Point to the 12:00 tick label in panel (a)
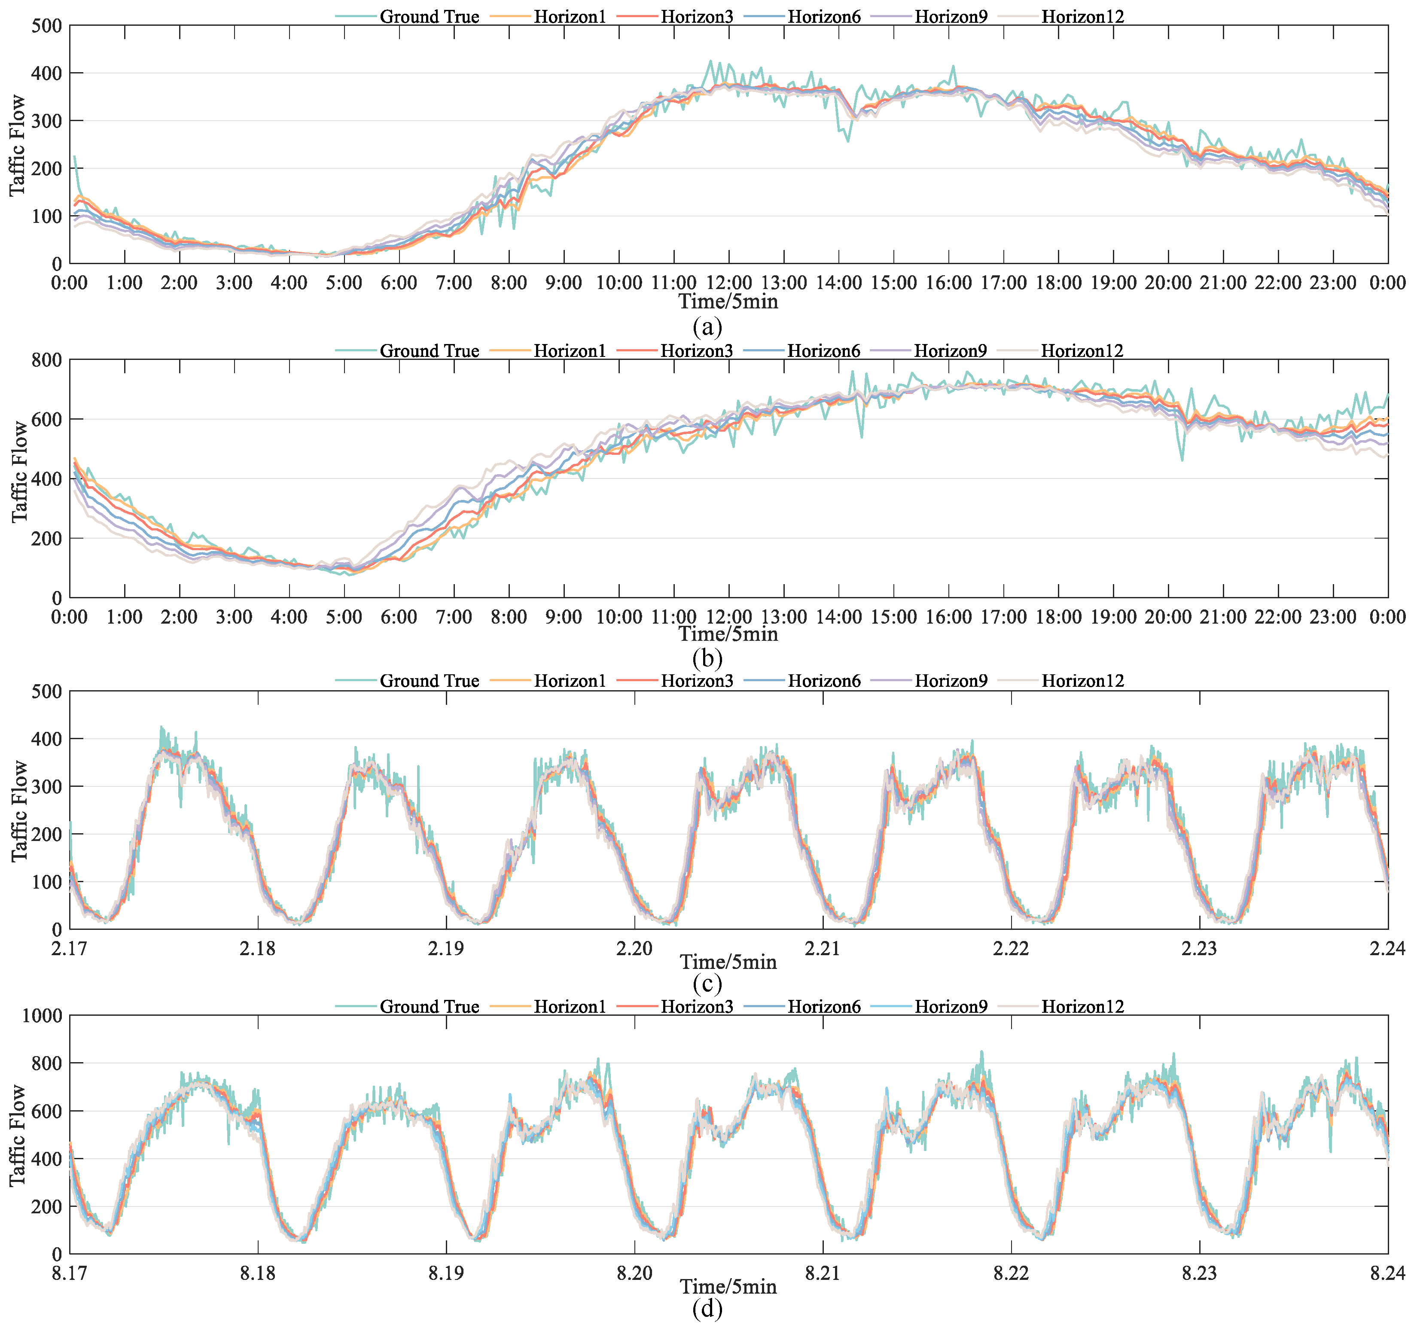[x=728, y=283]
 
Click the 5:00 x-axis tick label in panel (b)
[x=344, y=617]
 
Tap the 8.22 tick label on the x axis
[x=1011, y=1273]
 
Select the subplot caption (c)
[x=707, y=983]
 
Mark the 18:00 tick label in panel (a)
[x=1058, y=283]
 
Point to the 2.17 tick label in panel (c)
[x=70, y=949]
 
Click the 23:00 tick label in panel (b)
[x=1333, y=617]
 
